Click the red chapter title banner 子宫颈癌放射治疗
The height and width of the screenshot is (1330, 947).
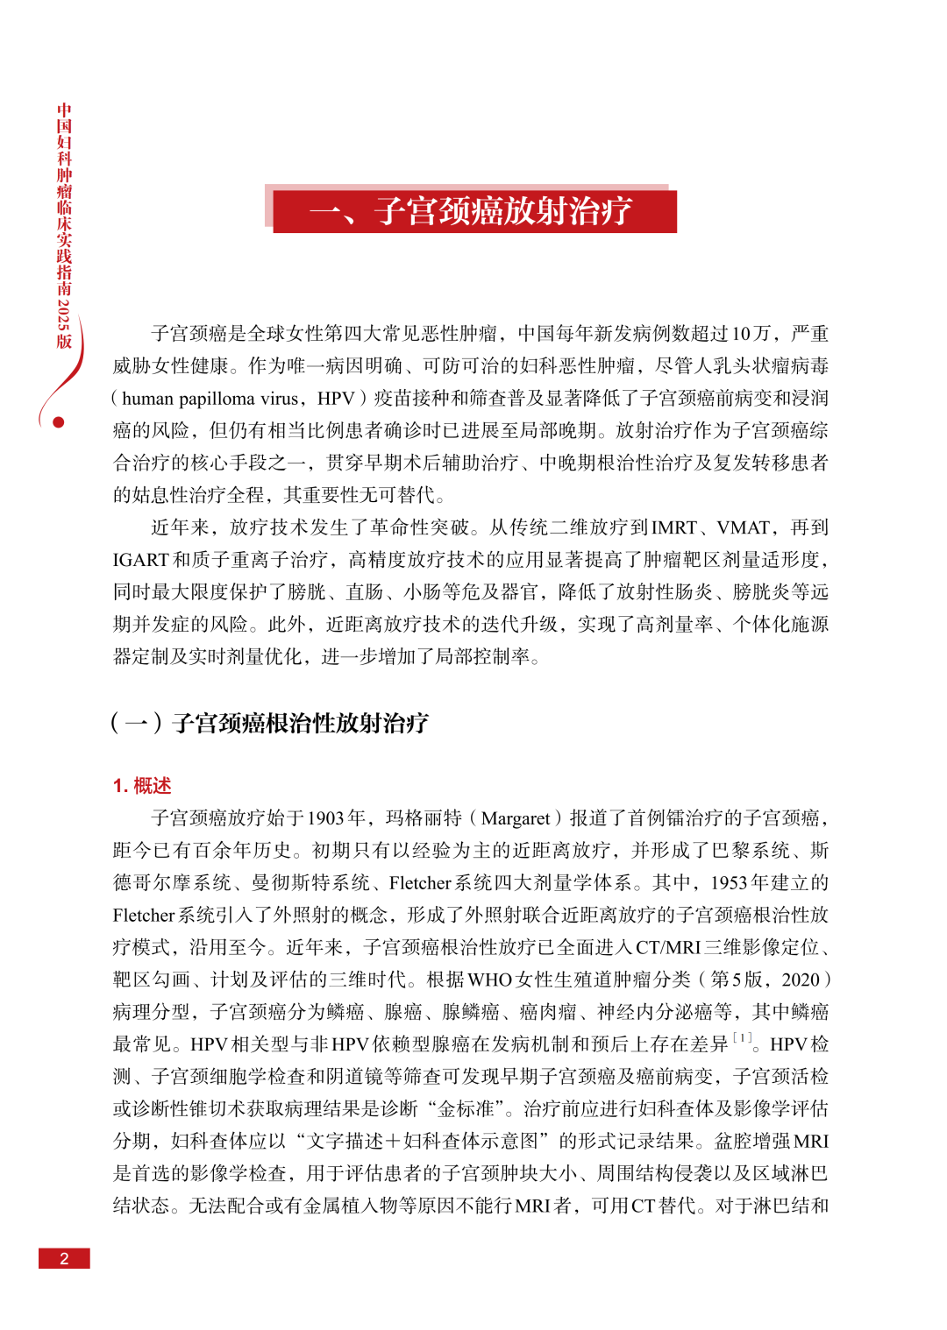(474, 211)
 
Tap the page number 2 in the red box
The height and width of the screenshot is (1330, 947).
(64, 1258)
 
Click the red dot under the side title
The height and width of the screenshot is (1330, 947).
(59, 422)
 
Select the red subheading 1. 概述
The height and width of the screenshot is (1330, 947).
(142, 785)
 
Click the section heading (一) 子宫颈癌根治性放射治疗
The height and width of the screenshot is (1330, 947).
(270, 723)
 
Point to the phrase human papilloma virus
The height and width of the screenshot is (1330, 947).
(210, 399)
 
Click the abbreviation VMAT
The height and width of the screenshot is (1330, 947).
(744, 527)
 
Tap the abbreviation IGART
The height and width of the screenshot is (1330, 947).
(140, 560)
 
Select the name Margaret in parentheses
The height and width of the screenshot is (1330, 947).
(516, 818)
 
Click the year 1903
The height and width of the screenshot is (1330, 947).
(325, 818)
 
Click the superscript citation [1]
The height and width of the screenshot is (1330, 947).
(742, 1038)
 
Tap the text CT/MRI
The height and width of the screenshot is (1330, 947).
(668, 947)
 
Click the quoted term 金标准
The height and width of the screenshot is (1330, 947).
(466, 1109)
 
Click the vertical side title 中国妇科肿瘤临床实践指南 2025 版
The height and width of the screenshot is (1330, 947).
(64, 226)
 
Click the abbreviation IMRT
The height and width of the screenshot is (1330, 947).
(674, 527)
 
